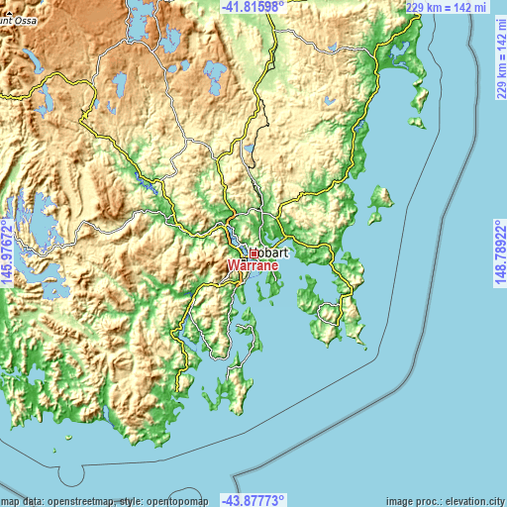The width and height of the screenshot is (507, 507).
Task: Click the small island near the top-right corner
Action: pyautogui.click(x=419, y=98)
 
